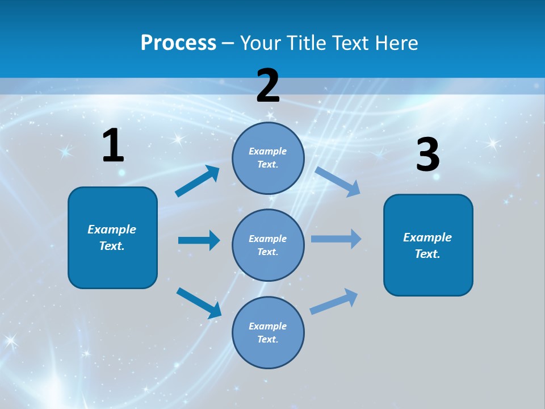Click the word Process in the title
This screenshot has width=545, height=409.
(178, 43)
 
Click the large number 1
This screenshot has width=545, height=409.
(113, 146)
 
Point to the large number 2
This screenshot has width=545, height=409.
(268, 86)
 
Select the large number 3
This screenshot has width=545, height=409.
(427, 155)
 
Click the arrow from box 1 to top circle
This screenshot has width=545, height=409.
(198, 181)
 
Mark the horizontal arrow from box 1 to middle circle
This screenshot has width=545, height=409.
(199, 240)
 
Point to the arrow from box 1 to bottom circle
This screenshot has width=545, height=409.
(199, 303)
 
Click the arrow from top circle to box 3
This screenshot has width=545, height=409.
(338, 181)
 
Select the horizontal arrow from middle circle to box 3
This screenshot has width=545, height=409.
(336, 239)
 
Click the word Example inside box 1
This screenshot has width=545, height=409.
(112, 229)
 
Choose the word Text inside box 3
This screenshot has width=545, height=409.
(427, 254)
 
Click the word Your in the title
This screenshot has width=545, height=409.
(259, 43)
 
